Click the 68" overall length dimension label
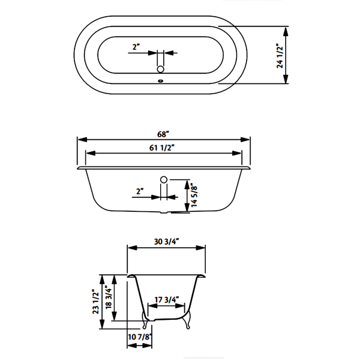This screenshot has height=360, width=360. [163, 134]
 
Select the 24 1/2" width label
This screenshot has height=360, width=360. [280, 56]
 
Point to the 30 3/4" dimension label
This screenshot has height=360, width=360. [166, 242]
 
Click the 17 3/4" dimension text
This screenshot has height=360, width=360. [166, 300]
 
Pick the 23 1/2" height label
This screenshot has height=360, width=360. [96, 301]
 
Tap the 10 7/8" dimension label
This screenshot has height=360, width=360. [140, 337]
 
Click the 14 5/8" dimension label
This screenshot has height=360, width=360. [194, 195]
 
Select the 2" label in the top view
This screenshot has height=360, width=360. [136, 47]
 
